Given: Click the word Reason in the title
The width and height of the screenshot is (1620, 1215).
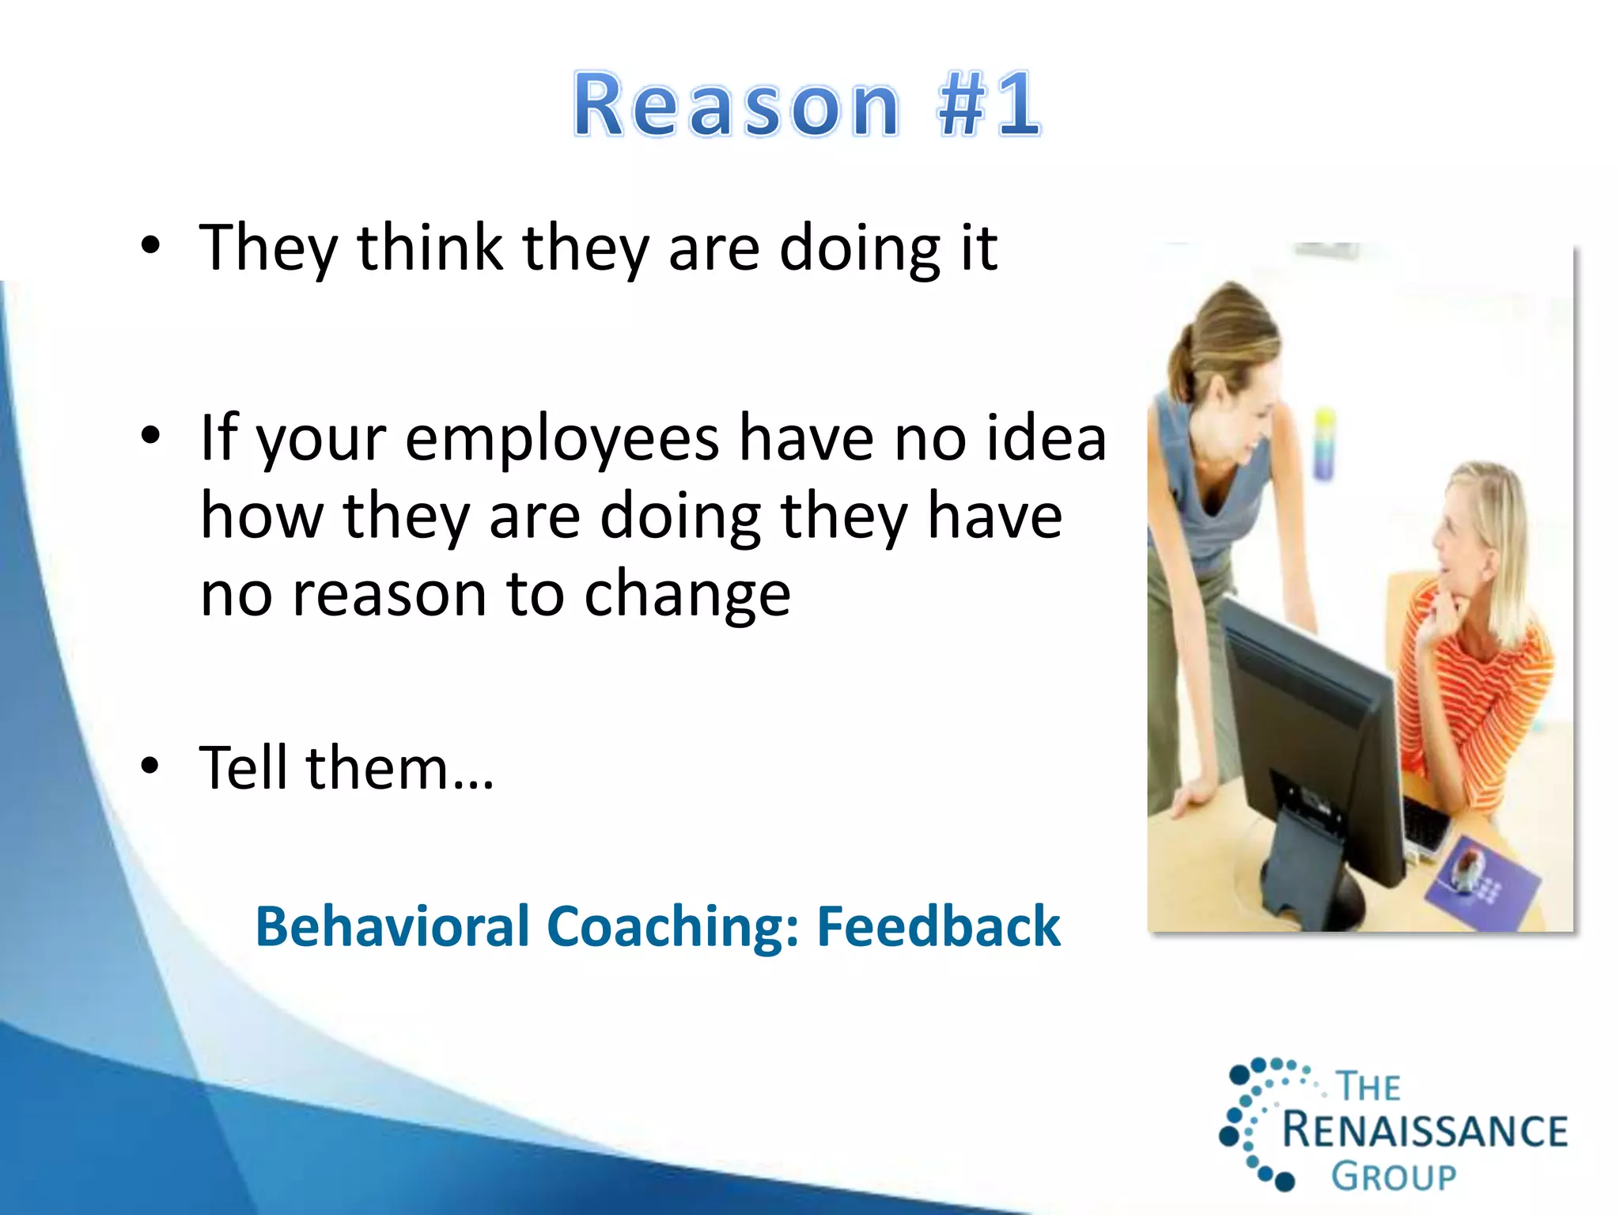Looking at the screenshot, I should click(x=736, y=105).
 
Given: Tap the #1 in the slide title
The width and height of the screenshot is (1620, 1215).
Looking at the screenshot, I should click(x=989, y=105).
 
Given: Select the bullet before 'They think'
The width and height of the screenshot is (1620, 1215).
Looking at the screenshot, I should click(x=150, y=246).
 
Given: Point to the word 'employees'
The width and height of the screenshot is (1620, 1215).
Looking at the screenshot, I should click(x=562, y=439).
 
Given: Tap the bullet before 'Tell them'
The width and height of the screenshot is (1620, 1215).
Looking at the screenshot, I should click(x=150, y=766).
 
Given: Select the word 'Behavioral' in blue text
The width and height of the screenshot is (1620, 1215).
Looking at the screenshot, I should click(x=392, y=926).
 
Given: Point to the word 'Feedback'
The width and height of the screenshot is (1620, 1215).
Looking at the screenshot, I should click(x=938, y=926).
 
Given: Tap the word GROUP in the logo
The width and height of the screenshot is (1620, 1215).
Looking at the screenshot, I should click(x=1393, y=1177).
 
